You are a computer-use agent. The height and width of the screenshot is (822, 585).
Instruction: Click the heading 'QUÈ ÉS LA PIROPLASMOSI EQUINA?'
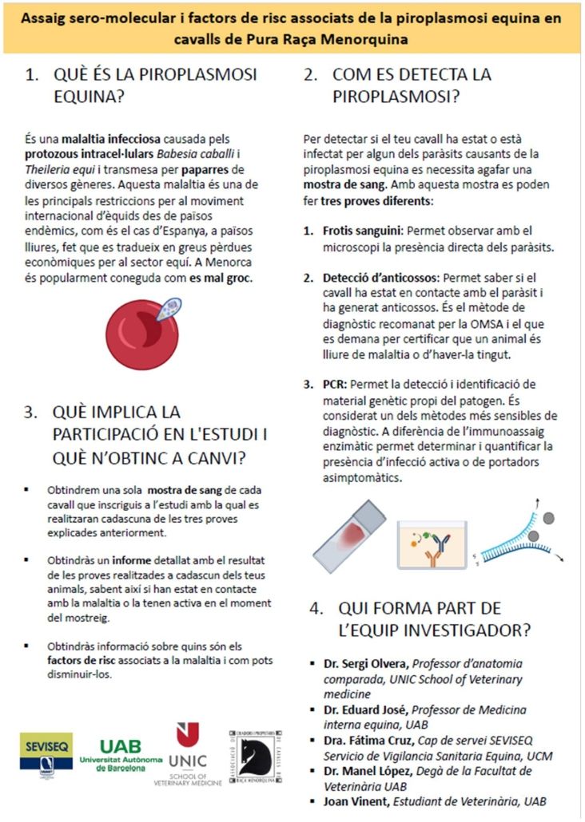(x=155, y=85)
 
